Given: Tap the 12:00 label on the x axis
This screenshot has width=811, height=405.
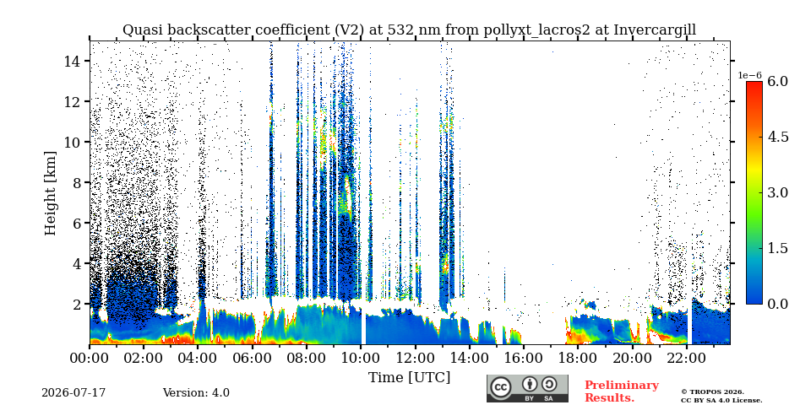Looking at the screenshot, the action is pyautogui.click(x=415, y=358).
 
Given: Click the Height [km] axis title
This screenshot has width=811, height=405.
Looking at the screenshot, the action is pyautogui.click(x=50, y=193).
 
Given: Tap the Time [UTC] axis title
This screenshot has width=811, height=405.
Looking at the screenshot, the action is pyautogui.click(x=409, y=378).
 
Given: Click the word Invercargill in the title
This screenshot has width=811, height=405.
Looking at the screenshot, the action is pyautogui.click(x=655, y=30).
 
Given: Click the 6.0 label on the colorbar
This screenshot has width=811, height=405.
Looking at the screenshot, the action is pyautogui.click(x=777, y=81).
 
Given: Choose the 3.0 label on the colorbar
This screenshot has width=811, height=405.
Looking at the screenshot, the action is pyautogui.click(x=777, y=192).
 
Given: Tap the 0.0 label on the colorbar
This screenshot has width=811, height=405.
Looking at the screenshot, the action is pyautogui.click(x=777, y=304).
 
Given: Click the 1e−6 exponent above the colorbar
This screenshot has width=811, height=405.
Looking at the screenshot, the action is pyautogui.click(x=749, y=75).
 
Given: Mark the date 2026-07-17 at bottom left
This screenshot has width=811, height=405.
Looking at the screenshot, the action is pyautogui.click(x=73, y=393).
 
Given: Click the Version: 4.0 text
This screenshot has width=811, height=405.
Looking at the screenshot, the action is pyautogui.click(x=196, y=393).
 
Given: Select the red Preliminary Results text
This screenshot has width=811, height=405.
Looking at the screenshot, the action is pyautogui.click(x=622, y=391).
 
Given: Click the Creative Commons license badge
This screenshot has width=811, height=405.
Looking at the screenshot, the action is pyautogui.click(x=527, y=388).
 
